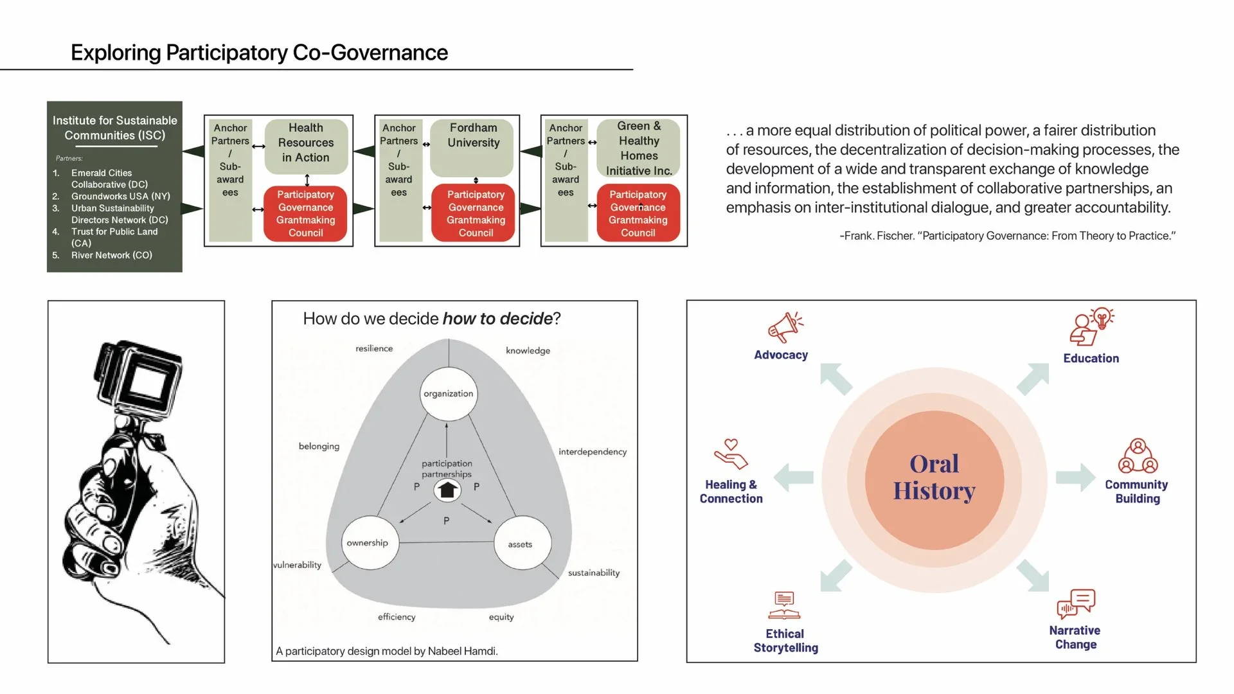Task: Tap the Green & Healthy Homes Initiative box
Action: [638, 148]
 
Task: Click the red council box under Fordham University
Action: [476, 214]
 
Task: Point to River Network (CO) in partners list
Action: [111, 255]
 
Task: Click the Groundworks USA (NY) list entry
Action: [120, 196]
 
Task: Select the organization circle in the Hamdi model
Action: [448, 393]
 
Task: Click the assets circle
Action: [521, 544]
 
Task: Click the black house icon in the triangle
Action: [447, 490]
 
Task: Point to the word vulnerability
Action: [297, 565]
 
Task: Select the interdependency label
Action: [592, 452]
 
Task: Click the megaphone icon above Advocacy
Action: [785, 328]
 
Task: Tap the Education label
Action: [1091, 359]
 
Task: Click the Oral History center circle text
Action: [934, 477]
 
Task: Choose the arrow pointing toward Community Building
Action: [1075, 477]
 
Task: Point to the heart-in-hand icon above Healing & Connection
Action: [731, 454]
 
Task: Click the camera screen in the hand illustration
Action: [147, 384]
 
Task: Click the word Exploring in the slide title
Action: [115, 53]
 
